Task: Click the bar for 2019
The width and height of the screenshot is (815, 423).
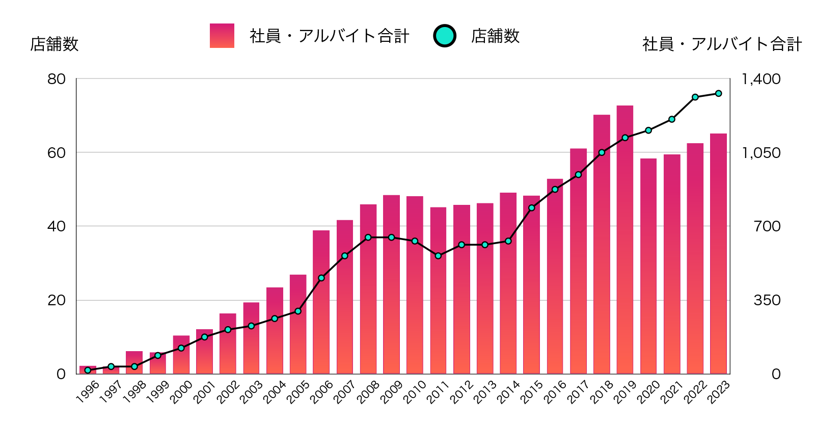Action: pyautogui.click(x=624, y=240)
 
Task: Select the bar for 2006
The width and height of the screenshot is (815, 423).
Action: pyautogui.click(x=321, y=302)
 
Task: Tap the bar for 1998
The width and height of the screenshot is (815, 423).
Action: pyautogui.click(x=134, y=362)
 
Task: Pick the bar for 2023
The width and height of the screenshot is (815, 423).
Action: pyautogui.click(x=718, y=253)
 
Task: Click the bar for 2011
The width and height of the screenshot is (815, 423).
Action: pyautogui.click(x=438, y=290)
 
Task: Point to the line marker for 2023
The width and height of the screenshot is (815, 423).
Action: pyautogui.click(x=718, y=93)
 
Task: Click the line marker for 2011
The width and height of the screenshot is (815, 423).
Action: pyautogui.click(x=438, y=256)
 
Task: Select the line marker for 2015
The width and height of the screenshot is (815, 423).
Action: pyautogui.click(x=531, y=208)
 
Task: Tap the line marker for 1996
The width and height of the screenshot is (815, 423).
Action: pyautogui.click(x=88, y=370)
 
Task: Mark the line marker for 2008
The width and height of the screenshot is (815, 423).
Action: pyautogui.click(x=368, y=237)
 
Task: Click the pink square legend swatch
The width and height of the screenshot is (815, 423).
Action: pyautogui.click(x=222, y=36)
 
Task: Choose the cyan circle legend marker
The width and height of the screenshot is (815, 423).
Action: pyautogui.click(x=444, y=36)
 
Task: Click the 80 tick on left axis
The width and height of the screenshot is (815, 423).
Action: pyautogui.click(x=57, y=79)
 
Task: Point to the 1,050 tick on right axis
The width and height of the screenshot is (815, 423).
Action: pyautogui.click(x=760, y=153)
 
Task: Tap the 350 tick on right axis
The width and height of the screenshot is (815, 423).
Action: pyautogui.click(x=767, y=300)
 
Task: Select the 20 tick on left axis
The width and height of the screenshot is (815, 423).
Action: pyautogui.click(x=57, y=300)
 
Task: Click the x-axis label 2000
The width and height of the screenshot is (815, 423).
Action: pyautogui.click(x=181, y=392)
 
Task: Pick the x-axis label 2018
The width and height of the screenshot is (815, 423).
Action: pyautogui.click(x=602, y=392)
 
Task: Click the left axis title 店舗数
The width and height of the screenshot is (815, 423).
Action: pyautogui.click(x=54, y=44)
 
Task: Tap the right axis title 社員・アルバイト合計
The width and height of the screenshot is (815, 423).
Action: pyautogui.click(x=722, y=44)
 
